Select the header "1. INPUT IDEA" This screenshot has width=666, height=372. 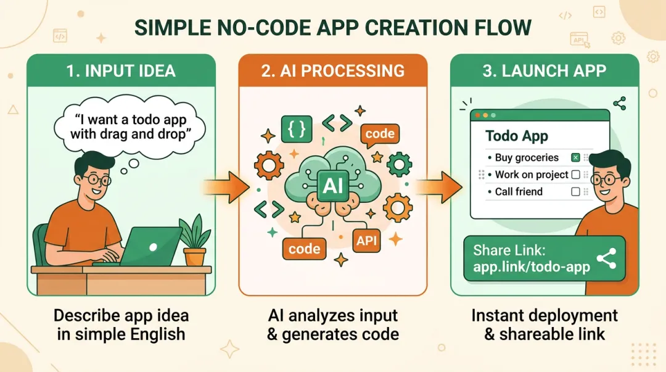coord(121,70)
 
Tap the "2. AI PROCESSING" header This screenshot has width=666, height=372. coord(333,70)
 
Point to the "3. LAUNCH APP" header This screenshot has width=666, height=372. coord(545,70)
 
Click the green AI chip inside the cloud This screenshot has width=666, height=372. coord(330,183)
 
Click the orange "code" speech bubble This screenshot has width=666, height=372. coord(379,134)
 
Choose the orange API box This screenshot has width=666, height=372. coord(367,240)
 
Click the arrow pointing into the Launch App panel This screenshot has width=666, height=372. coord(438,184)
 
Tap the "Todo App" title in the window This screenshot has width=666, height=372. coord(517,136)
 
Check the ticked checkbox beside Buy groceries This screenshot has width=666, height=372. coord(575,158)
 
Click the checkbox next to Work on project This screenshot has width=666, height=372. coord(575,175)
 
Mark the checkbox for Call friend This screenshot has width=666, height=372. coord(575,192)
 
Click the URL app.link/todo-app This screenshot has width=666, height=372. coord(532,267)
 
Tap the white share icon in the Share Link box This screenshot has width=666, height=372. coord(606,260)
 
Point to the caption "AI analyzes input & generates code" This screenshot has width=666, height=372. coord(333,325)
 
